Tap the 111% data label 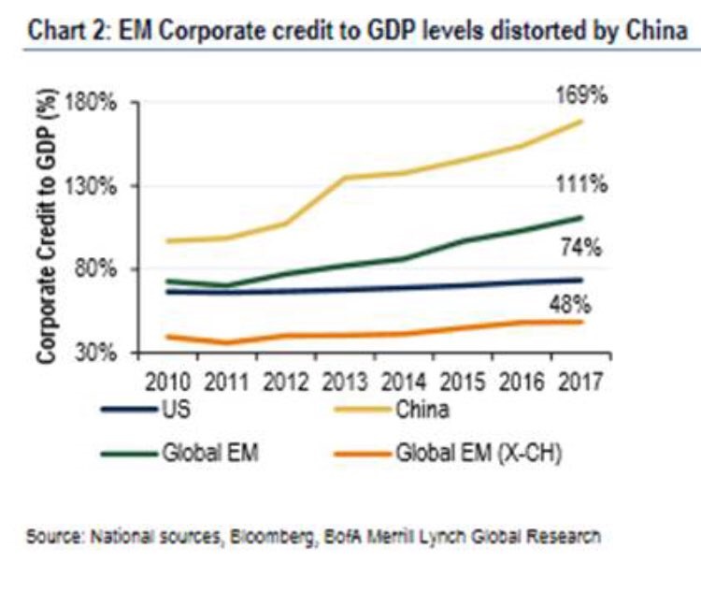tap(587, 183)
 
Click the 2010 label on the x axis tap(170, 382)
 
